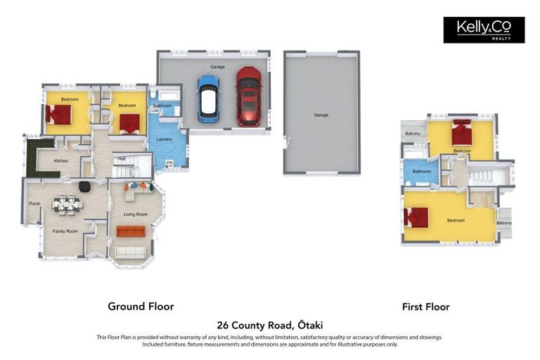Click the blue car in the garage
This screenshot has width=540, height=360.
point(208,98)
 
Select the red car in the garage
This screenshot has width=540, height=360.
point(248,96)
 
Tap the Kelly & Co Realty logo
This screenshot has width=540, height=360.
point(484,30)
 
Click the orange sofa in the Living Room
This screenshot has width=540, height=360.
point(130,231)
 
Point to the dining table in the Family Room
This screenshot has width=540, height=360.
point(67,204)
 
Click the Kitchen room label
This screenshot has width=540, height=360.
point(61,161)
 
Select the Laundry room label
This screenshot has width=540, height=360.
point(164,139)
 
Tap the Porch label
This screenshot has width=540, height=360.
point(34,204)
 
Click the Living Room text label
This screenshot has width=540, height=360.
point(136,214)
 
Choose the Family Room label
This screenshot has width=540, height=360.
point(65,231)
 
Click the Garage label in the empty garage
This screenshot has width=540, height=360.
point(321,115)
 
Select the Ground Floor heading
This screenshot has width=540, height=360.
point(141,307)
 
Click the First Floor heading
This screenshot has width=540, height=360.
point(425,307)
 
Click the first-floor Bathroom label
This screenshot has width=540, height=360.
point(422,171)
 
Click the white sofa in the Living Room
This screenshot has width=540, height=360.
point(130,252)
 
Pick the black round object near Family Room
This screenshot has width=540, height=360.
point(84,186)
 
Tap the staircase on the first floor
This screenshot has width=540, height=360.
point(483,176)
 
